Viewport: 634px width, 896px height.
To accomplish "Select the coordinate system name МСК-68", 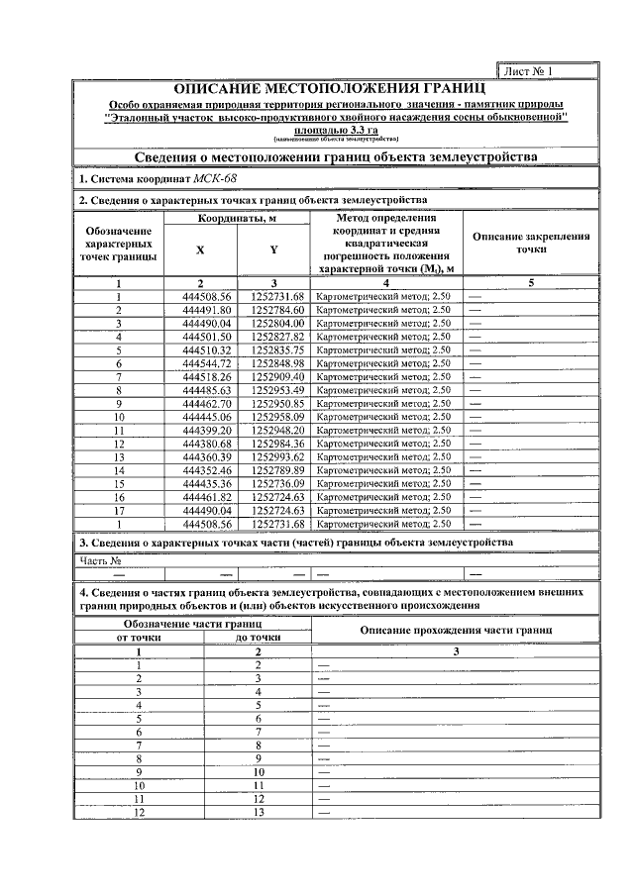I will pyautogui.click(x=216, y=179).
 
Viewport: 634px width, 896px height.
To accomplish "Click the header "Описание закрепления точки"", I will pyautogui.click(x=531, y=244).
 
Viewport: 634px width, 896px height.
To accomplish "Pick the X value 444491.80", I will pyautogui.click(x=207, y=310).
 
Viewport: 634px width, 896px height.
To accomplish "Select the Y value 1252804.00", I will pyautogui.click(x=277, y=323).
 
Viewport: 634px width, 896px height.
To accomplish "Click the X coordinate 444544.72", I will pyautogui.click(x=207, y=363).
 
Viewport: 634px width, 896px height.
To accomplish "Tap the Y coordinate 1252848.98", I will pyautogui.click(x=277, y=363).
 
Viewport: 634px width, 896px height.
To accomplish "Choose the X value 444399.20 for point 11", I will pyautogui.click(x=207, y=431).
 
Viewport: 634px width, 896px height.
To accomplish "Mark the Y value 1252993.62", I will pyautogui.click(x=277, y=456).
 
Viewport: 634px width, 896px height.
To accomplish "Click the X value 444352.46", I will pyautogui.click(x=207, y=470).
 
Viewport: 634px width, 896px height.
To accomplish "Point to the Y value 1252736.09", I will pyautogui.click(x=277, y=483).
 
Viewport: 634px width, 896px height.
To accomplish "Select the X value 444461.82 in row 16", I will pyautogui.click(x=207, y=497).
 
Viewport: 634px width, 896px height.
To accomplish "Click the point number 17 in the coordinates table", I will pyautogui.click(x=118, y=510).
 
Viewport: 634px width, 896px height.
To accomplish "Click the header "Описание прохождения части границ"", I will pyautogui.click(x=456, y=631).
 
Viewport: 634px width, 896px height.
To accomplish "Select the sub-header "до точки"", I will pyautogui.click(x=258, y=638).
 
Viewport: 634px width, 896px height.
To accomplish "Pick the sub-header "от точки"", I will pyautogui.click(x=140, y=638).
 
